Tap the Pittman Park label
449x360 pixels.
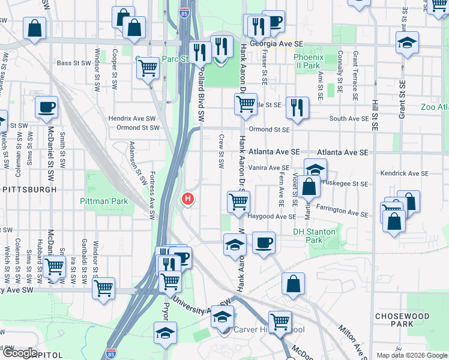(x=104, y=202)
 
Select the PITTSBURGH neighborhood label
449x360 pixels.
(x=29, y=189)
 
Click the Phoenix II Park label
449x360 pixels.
(x=309, y=61)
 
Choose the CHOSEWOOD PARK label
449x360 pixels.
(x=402, y=320)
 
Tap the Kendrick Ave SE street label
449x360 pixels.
(x=404, y=173)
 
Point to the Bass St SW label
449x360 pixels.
(x=72, y=63)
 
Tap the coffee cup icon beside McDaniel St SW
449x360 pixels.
(x=46, y=108)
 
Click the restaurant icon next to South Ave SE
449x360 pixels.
(x=297, y=108)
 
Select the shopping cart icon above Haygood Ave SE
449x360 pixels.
(x=238, y=202)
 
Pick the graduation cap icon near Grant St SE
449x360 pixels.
(x=407, y=43)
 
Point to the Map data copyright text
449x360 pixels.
(x=411, y=355)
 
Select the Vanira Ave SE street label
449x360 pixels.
(x=269, y=168)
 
